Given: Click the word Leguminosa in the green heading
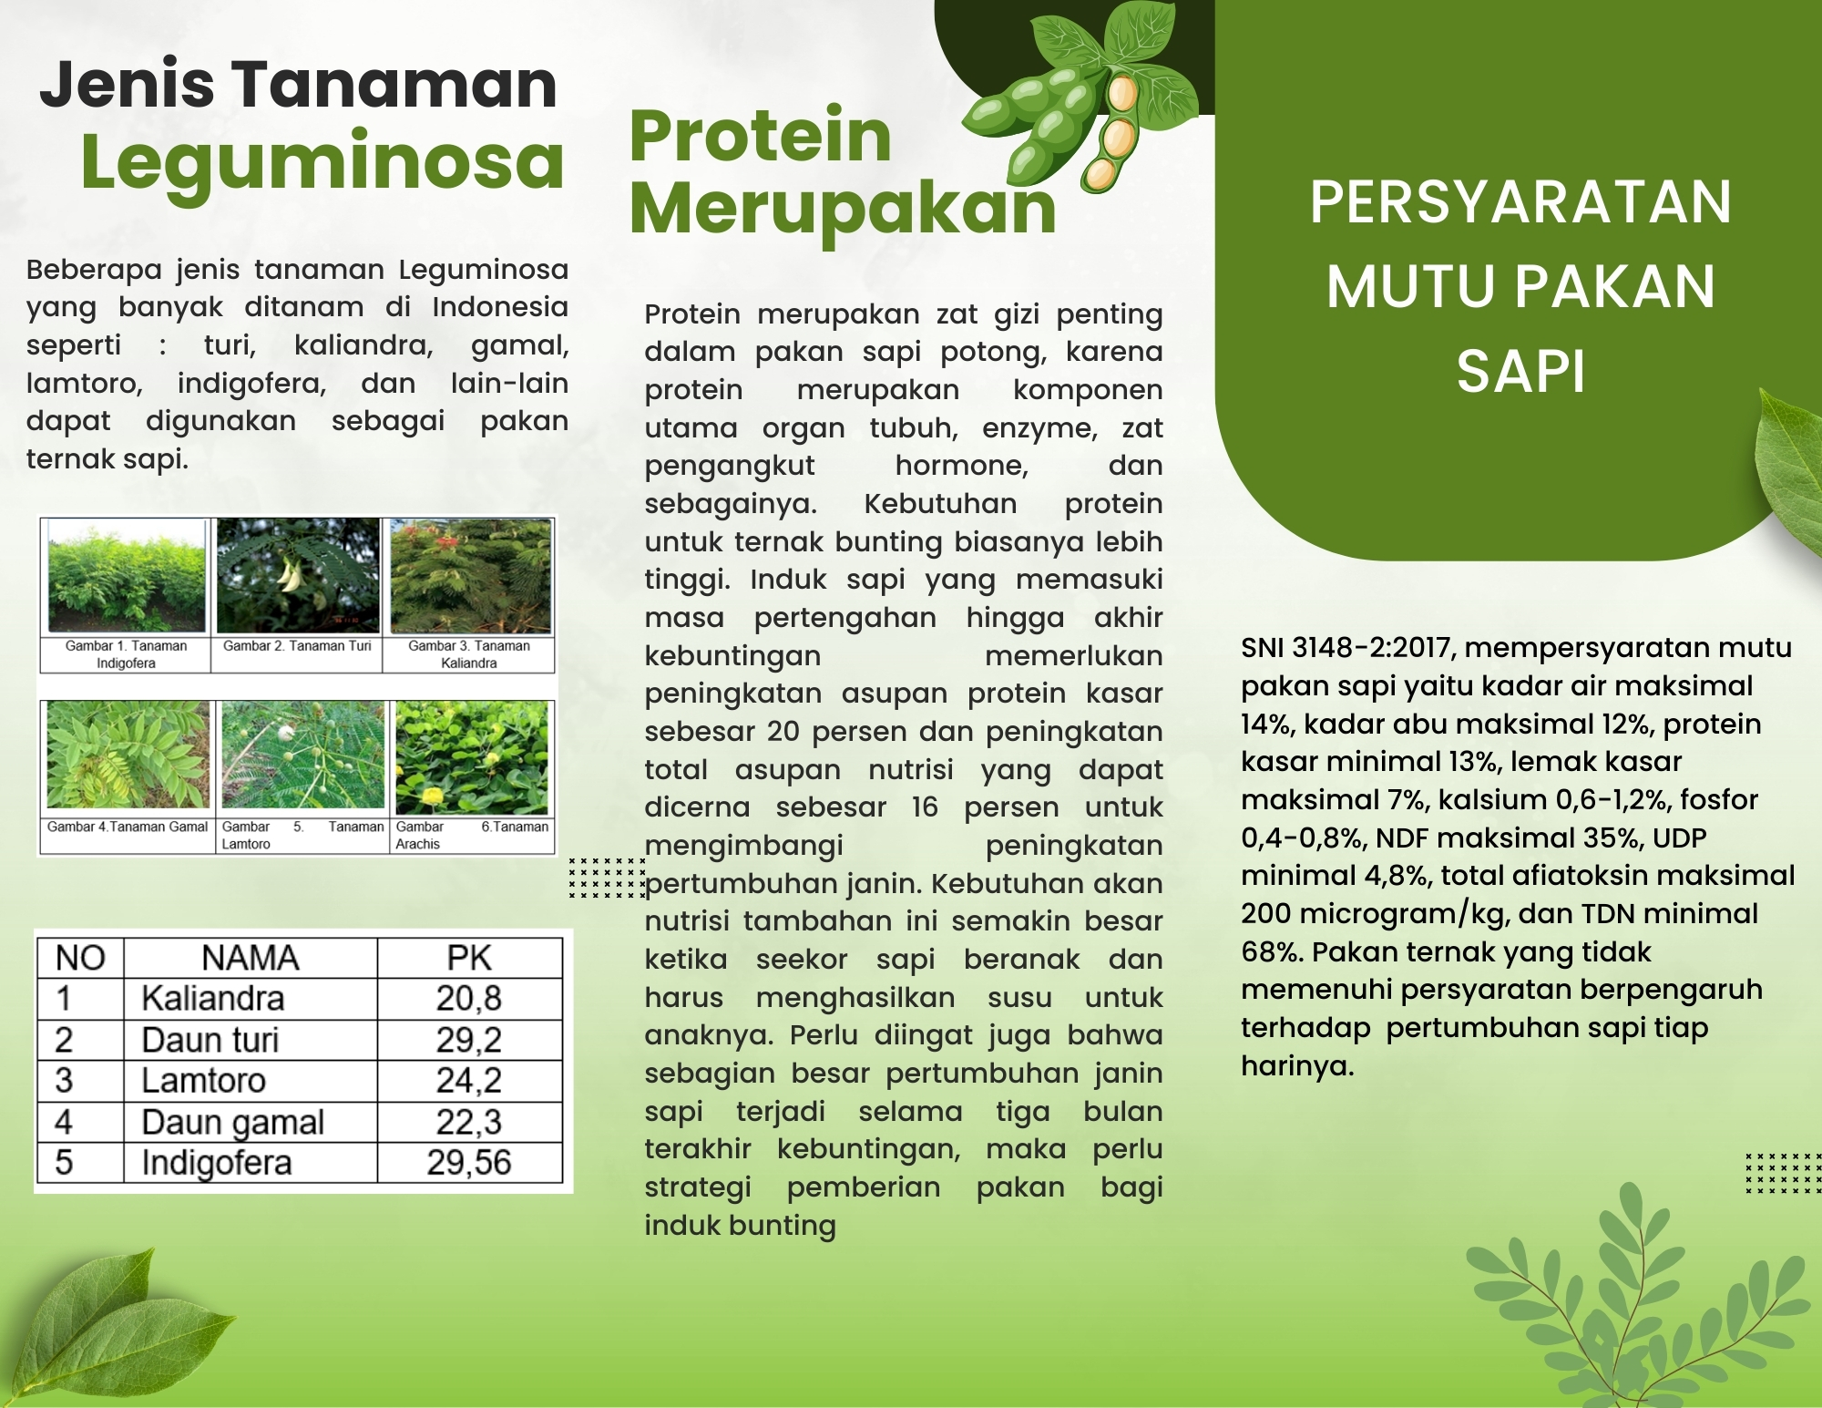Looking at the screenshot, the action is click(x=322, y=162).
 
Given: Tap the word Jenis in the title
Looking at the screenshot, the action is click(x=127, y=84).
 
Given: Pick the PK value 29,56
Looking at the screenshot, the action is click(x=469, y=1163).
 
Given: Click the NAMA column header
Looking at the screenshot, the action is click(x=251, y=958).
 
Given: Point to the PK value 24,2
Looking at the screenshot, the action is click(x=469, y=1081).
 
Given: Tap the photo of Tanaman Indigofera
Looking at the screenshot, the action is click(x=127, y=577).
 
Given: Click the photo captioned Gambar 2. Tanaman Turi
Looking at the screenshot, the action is click(x=298, y=576).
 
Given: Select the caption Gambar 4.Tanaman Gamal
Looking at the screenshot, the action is click(x=128, y=827).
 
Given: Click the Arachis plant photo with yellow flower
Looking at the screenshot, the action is click(x=472, y=757).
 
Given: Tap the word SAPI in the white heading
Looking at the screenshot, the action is click(x=1520, y=372).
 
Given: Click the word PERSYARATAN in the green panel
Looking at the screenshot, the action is click(x=1520, y=202).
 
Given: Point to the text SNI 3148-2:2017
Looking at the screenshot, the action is click(x=1348, y=648).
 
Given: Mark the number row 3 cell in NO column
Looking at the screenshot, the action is click(x=64, y=1081).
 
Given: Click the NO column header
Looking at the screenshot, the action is click(x=80, y=958).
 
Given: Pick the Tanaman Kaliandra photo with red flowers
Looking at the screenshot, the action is click(x=471, y=576).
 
